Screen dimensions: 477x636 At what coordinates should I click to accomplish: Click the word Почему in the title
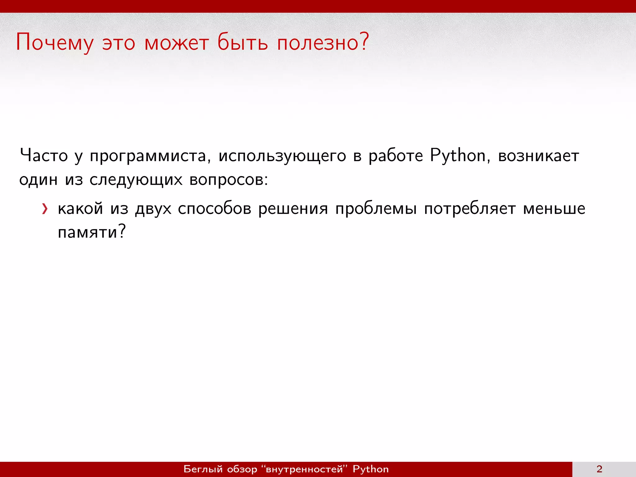pyautogui.click(x=55, y=43)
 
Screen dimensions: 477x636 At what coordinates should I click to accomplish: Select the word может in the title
pyautogui.click(x=176, y=43)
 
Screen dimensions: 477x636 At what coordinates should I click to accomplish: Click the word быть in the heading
pyautogui.click(x=242, y=43)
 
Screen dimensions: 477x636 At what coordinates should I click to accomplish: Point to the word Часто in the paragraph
pyautogui.click(x=44, y=156)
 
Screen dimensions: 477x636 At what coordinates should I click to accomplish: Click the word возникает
pyautogui.click(x=538, y=156)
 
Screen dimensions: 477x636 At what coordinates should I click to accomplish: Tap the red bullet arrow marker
pyautogui.click(x=45, y=209)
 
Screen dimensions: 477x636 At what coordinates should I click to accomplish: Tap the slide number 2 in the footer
pyautogui.click(x=599, y=469)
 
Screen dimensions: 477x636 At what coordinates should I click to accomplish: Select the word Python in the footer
pyautogui.click(x=370, y=469)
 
